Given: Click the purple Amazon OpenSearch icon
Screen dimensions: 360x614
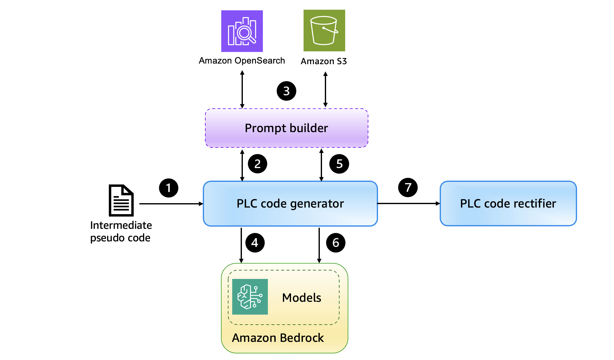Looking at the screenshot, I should pos(242,31).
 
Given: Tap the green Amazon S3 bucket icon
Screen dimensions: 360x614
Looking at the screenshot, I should pos(324,30).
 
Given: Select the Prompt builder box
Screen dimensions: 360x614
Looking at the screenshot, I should pos(286,128).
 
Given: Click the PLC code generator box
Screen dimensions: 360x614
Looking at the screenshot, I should pos(290,203).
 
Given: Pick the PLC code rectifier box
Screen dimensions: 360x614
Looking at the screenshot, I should pos(508,203).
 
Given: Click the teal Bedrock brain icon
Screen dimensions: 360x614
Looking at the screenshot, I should pos(250,296).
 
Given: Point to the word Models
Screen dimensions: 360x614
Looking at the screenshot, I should pos(301,297).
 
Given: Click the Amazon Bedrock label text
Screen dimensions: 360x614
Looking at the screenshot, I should pos(278,338).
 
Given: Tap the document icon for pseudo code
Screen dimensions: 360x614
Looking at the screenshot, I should pos(121,200).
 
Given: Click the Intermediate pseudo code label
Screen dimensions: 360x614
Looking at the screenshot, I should pos(121,231).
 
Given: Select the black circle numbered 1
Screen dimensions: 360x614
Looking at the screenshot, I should pos(168,188).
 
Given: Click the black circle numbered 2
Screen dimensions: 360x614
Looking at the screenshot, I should pos(257,164).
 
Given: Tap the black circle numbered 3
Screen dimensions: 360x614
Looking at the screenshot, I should pos(286,91).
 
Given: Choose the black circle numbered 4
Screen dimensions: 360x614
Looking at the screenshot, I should pos(255,243).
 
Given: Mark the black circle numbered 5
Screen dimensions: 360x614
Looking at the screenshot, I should pos(339,164).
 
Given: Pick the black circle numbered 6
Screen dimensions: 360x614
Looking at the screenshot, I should pos(335,243).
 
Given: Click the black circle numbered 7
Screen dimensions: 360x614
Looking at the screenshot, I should pos(408,188).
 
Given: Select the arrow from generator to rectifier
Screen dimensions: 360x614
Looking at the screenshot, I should pos(408,203).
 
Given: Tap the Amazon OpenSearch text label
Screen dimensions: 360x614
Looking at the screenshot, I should pos(242,60).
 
